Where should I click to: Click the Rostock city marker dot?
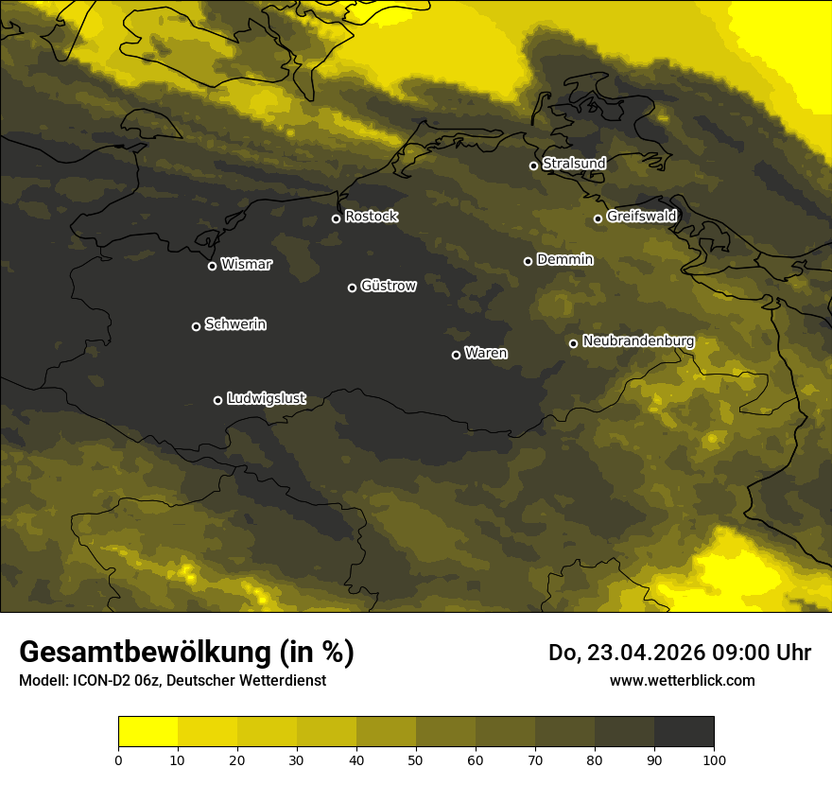(x=336, y=218)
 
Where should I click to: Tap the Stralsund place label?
(x=574, y=164)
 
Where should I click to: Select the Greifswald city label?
(x=641, y=217)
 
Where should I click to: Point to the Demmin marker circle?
(x=528, y=261)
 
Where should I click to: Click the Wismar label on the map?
(x=246, y=265)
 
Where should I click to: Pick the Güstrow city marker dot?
(x=352, y=288)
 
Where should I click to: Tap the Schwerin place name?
(x=235, y=324)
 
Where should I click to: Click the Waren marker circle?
(x=456, y=355)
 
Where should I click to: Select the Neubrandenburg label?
(x=638, y=341)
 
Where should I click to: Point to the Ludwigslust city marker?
(x=217, y=400)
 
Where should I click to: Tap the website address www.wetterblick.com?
(x=682, y=680)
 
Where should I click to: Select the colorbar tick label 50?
(x=416, y=759)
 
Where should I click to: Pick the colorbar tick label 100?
(x=714, y=759)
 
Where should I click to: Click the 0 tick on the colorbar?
(x=118, y=759)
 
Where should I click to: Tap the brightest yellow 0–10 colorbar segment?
(x=147, y=732)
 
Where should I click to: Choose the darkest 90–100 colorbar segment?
(x=684, y=732)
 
